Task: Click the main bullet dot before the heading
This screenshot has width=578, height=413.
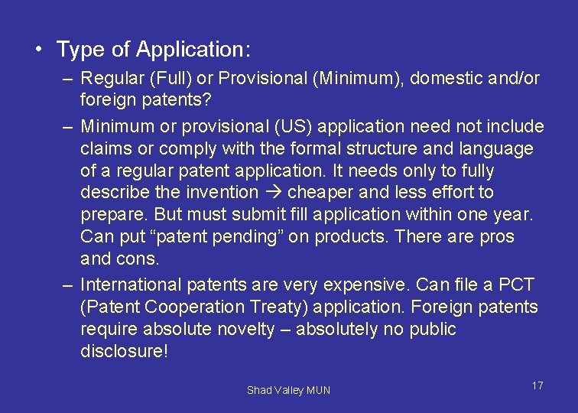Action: click(x=37, y=50)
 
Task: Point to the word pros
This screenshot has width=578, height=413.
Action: click(x=497, y=236)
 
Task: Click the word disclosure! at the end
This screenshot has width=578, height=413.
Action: click(x=123, y=352)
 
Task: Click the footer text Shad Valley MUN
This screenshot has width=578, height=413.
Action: click(x=288, y=390)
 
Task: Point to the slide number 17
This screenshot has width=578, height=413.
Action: click(x=537, y=385)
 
